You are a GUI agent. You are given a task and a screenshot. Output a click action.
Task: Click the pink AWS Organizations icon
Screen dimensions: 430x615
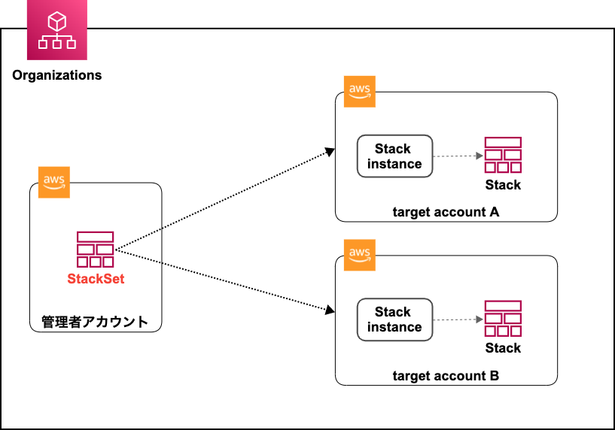point(56,31)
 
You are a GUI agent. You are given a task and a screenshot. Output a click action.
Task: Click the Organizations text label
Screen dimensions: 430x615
point(57,75)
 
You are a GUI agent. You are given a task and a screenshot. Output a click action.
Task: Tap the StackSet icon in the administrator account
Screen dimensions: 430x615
point(96,250)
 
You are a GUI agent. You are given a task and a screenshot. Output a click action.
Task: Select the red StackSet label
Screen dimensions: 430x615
point(96,279)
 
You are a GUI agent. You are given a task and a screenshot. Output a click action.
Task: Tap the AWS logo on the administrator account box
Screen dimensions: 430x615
point(53,182)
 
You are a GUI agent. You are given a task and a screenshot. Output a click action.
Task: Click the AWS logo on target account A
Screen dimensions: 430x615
point(359,92)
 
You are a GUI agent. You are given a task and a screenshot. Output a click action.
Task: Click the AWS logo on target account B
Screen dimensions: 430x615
point(359,255)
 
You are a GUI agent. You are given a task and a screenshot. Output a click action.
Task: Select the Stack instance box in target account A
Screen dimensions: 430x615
point(394,156)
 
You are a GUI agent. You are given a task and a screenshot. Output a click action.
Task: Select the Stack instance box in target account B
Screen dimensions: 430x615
point(394,319)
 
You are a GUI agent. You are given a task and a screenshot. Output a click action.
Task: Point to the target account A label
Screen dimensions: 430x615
point(446,212)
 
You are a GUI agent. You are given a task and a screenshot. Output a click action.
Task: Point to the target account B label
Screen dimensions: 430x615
point(446,375)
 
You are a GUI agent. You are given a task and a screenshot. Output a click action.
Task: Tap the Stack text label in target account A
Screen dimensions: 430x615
point(503,184)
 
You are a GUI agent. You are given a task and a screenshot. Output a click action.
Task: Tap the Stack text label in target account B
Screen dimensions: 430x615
point(503,347)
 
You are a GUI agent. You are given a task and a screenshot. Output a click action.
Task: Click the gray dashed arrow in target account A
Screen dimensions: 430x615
point(458,156)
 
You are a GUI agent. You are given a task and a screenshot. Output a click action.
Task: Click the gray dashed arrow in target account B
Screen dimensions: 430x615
point(458,319)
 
